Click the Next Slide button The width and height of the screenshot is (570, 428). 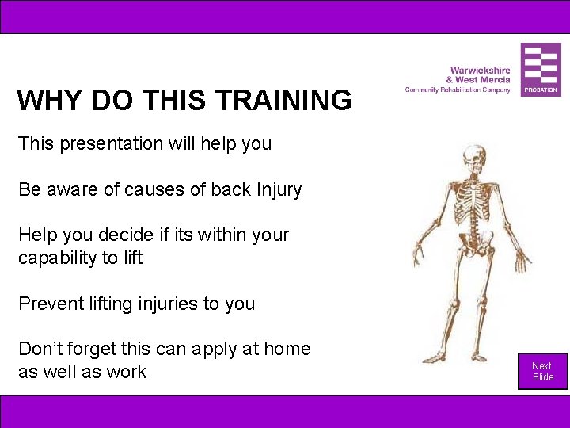pyautogui.click(x=542, y=371)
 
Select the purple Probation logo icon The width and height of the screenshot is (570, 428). pyautogui.click(x=541, y=69)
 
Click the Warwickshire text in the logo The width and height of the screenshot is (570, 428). pyautogui.click(x=480, y=71)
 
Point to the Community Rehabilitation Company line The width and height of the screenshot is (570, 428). pyautogui.click(x=458, y=90)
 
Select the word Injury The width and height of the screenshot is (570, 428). pyautogui.click(x=278, y=189)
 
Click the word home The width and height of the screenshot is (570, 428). pyautogui.click(x=287, y=349)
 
